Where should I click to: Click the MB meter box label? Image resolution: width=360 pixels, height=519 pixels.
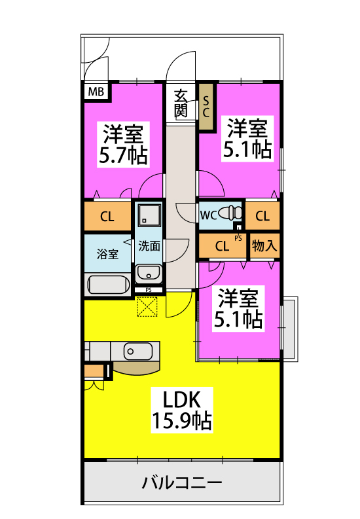[96, 92]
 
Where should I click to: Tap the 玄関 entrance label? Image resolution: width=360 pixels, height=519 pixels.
[181, 103]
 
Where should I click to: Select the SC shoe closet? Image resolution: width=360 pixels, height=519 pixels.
[206, 107]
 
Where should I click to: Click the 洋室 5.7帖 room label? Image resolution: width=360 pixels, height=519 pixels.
[123, 145]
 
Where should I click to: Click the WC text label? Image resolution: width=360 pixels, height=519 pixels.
[208, 215]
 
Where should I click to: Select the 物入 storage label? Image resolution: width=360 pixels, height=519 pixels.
[264, 246]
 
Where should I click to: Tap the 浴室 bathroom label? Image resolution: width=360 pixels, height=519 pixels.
[107, 255]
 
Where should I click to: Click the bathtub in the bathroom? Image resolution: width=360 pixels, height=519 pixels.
[109, 285]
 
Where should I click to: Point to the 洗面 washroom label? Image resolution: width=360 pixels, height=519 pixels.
[149, 246]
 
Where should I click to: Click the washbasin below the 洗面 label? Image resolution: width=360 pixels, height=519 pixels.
[149, 274]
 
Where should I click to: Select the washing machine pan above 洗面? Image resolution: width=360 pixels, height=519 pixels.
[149, 215]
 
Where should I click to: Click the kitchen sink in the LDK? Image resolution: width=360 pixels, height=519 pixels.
[138, 351]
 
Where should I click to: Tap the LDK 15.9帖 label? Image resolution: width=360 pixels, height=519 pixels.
[182, 410]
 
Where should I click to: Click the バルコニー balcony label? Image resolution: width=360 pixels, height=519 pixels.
[182, 483]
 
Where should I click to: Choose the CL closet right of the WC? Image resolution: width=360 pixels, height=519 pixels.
[262, 216]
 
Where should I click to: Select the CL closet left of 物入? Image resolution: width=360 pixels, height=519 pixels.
[223, 246]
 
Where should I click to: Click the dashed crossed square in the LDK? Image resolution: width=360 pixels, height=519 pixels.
[147, 306]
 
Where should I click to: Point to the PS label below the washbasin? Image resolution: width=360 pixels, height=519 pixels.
[149, 290]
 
